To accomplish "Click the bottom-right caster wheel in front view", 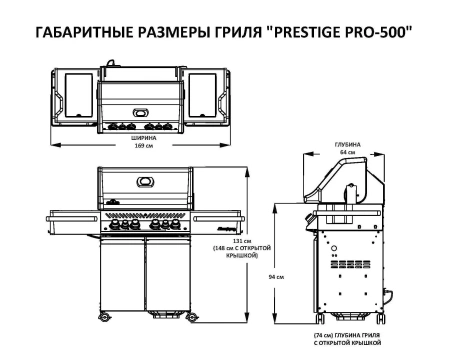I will point(191,319).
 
